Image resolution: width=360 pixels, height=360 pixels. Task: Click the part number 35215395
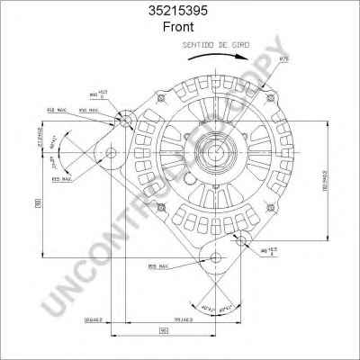(180, 11)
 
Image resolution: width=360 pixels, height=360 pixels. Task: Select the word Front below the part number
(180, 27)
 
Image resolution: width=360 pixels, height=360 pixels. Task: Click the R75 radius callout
(285, 59)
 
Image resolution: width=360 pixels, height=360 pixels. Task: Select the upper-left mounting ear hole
(126, 121)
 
